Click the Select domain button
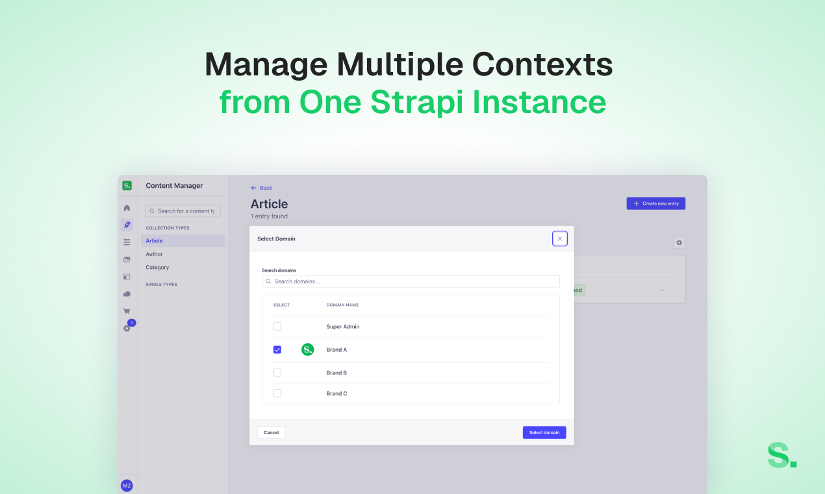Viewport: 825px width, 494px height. pos(544,432)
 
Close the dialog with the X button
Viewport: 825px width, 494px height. pos(559,239)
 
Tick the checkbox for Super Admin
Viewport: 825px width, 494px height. pos(277,326)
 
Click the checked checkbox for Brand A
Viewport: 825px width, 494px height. pos(277,350)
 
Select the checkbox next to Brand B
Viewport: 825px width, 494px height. pos(277,372)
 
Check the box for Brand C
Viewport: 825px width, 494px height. pos(277,393)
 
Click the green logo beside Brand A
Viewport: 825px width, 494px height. pos(307,350)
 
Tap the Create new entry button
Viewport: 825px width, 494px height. pos(655,203)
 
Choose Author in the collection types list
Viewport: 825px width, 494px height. pos(155,254)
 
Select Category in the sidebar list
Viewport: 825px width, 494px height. pos(157,267)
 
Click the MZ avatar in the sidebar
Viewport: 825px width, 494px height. pos(127,486)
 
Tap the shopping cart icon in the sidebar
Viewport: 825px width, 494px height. pos(127,311)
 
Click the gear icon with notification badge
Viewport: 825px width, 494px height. pos(127,328)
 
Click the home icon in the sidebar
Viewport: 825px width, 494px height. pos(127,208)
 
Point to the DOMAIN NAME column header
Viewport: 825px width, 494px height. pos(342,305)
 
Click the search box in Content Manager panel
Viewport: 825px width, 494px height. pos(183,211)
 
